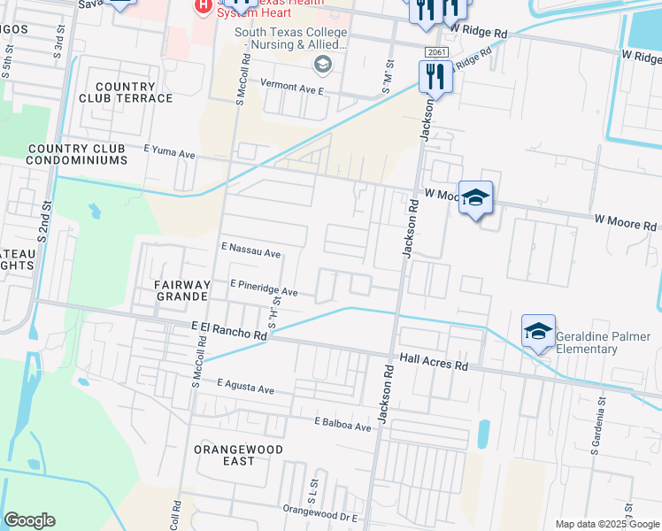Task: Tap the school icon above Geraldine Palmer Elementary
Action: coord(538,331)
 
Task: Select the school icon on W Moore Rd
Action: coord(475,198)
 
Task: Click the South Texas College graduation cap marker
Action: coord(322,65)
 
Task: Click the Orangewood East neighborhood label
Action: coord(239,455)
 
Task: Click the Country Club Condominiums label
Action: coord(77,154)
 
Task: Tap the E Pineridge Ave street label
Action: coord(264,289)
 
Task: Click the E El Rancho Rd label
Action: coord(229,331)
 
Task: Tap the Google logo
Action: coord(30,520)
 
